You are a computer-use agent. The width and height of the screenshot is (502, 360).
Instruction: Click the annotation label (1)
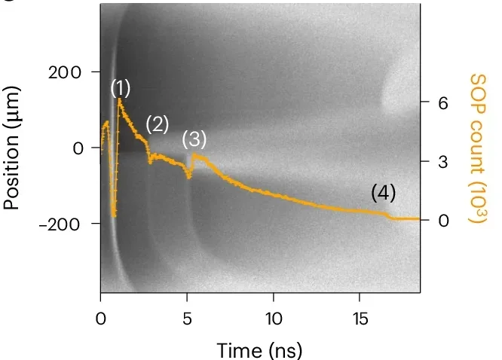coord(121,88)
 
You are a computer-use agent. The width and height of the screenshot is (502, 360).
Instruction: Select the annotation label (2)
coord(157,124)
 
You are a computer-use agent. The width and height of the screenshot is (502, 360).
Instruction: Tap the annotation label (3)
coord(194,139)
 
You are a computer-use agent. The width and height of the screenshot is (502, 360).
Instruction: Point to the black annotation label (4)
coord(384,193)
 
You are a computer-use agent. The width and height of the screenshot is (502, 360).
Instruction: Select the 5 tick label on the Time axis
coord(187,317)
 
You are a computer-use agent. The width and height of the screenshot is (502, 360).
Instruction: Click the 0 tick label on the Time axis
coord(101,317)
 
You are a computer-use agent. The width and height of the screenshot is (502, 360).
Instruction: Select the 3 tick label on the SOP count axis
coord(443,162)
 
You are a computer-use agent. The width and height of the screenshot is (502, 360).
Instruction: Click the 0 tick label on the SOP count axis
coord(443,221)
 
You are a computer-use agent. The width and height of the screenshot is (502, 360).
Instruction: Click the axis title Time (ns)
coord(260,349)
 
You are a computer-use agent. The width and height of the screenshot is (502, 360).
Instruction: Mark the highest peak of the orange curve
coord(119,99)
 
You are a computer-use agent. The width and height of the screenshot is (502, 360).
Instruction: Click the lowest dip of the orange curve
coord(114,216)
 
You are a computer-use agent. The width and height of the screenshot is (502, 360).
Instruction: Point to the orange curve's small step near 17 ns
coord(389,216)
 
